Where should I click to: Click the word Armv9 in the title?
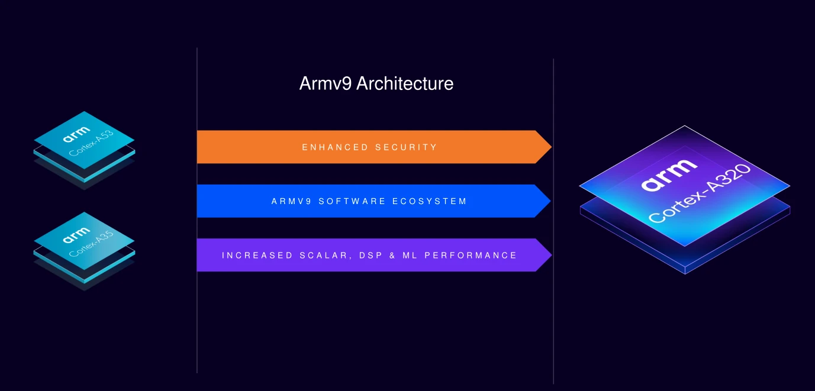tap(326, 83)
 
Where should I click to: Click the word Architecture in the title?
tap(405, 83)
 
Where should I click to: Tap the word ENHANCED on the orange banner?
tap(335, 147)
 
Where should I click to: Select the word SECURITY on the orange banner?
tap(406, 147)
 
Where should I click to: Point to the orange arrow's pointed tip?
tap(552, 147)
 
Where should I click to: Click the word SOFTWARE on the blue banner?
tap(352, 201)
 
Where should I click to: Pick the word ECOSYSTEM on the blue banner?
tap(430, 201)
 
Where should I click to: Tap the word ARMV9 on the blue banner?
tap(291, 201)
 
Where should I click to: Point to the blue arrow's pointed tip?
tap(550, 201)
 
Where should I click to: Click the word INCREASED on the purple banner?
tap(257, 256)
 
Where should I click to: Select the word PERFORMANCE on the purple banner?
tap(471, 256)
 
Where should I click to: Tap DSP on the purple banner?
tap(371, 256)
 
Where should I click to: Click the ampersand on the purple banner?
tap(392, 256)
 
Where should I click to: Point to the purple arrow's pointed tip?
tap(552, 255)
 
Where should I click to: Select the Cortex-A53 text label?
tap(91, 143)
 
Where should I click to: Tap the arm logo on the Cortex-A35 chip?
tap(76, 235)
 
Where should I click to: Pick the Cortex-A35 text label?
tap(91, 244)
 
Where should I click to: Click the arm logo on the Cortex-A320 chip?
tap(669, 175)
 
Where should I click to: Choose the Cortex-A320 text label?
tap(700, 193)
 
